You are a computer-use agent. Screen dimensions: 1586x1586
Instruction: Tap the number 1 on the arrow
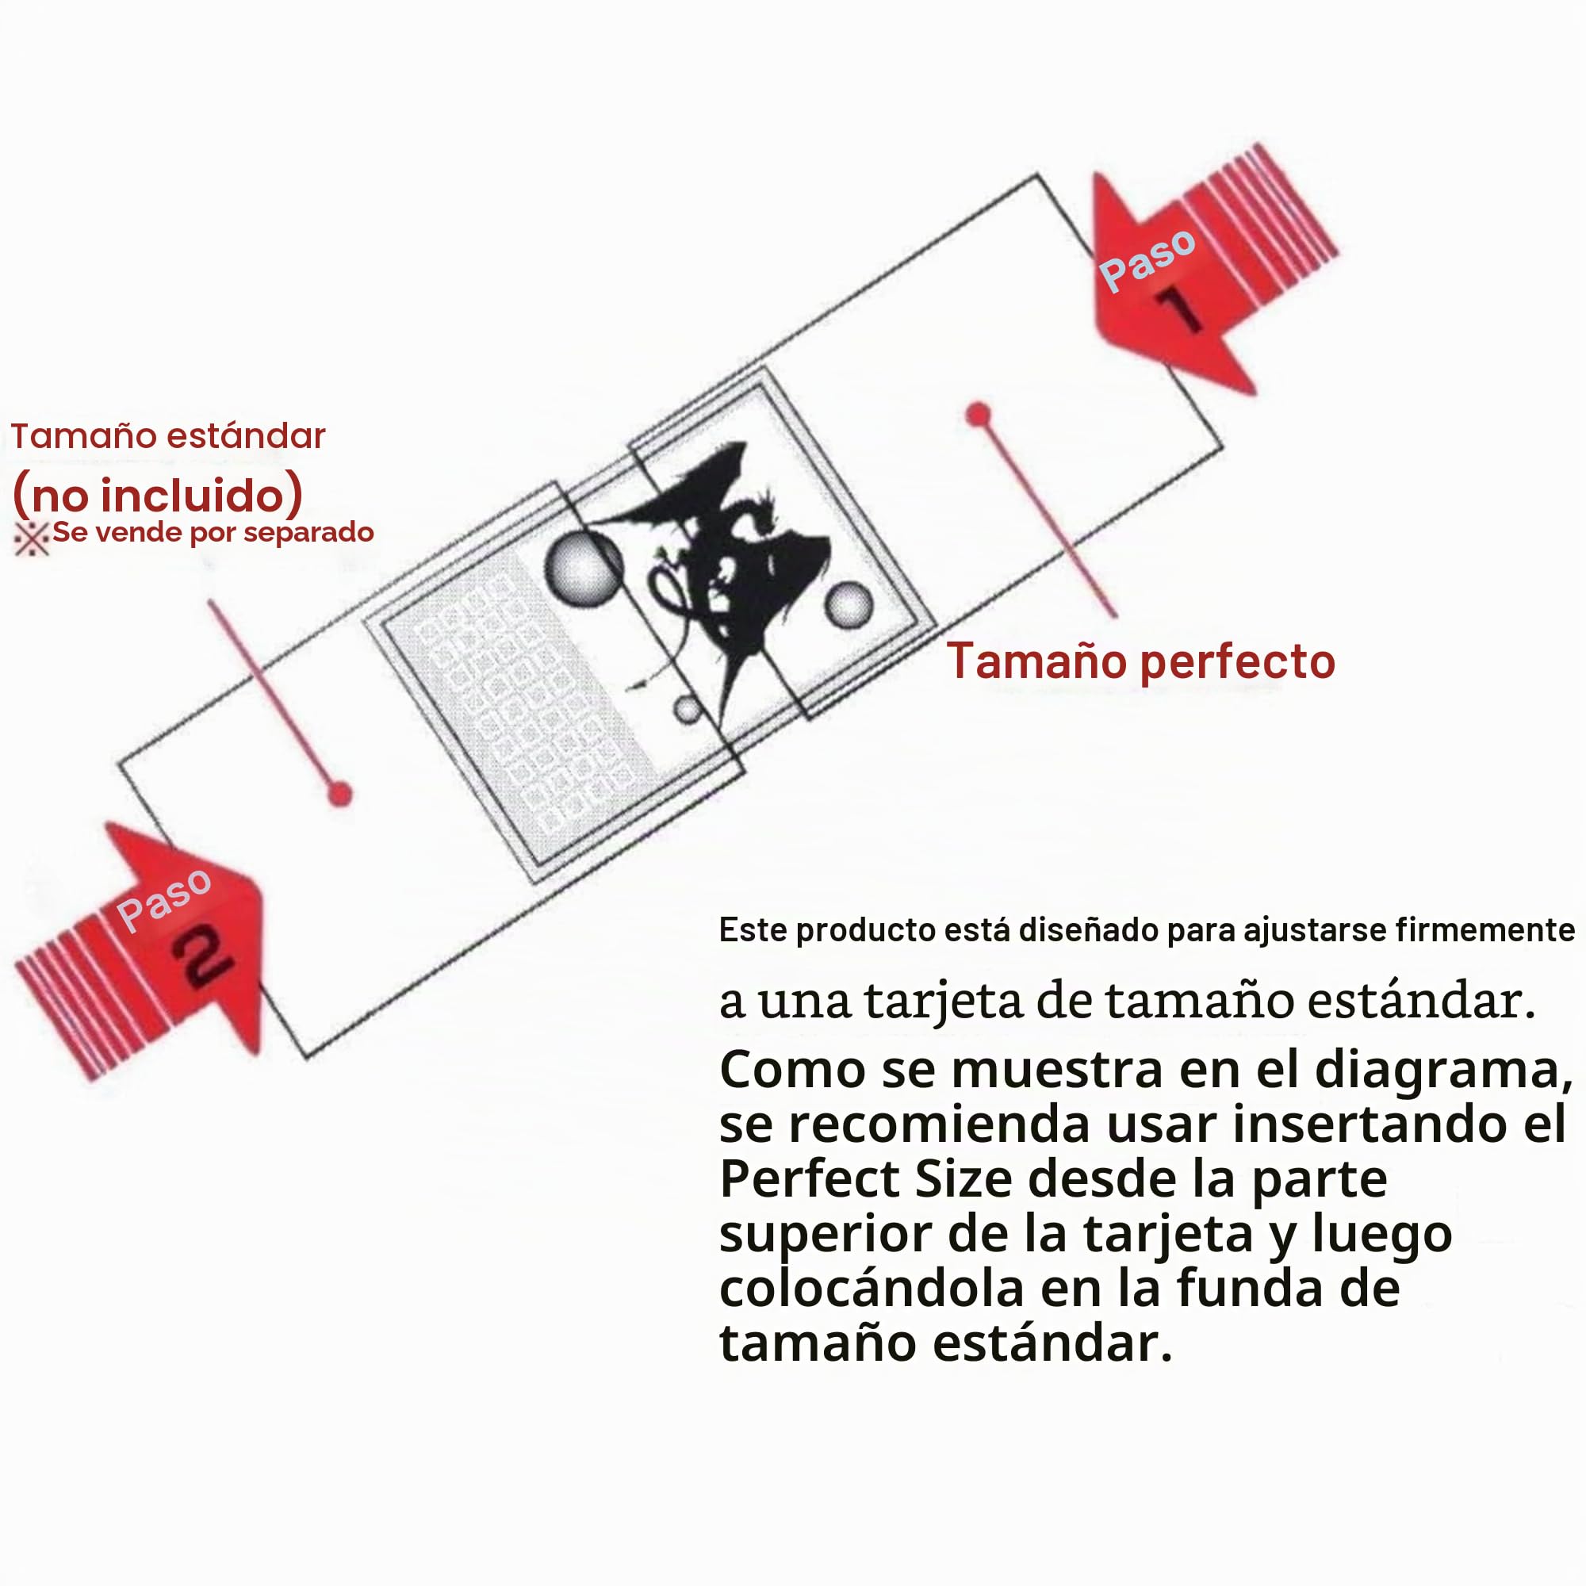1180,309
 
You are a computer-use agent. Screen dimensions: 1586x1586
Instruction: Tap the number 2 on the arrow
201,957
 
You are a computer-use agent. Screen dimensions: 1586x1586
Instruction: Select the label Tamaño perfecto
1140,661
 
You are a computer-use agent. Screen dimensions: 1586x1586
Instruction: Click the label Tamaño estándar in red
167,436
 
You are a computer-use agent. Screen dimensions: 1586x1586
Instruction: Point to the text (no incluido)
158,494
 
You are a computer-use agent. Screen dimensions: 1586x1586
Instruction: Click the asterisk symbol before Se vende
31,538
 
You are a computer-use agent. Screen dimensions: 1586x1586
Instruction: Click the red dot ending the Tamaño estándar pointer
340,794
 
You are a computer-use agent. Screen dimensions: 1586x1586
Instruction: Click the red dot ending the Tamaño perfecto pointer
978,415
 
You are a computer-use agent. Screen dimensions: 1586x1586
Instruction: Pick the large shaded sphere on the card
583,568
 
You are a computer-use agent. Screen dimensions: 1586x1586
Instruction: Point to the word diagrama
1444,1071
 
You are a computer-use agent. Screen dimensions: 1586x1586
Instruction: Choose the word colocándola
872,1288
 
